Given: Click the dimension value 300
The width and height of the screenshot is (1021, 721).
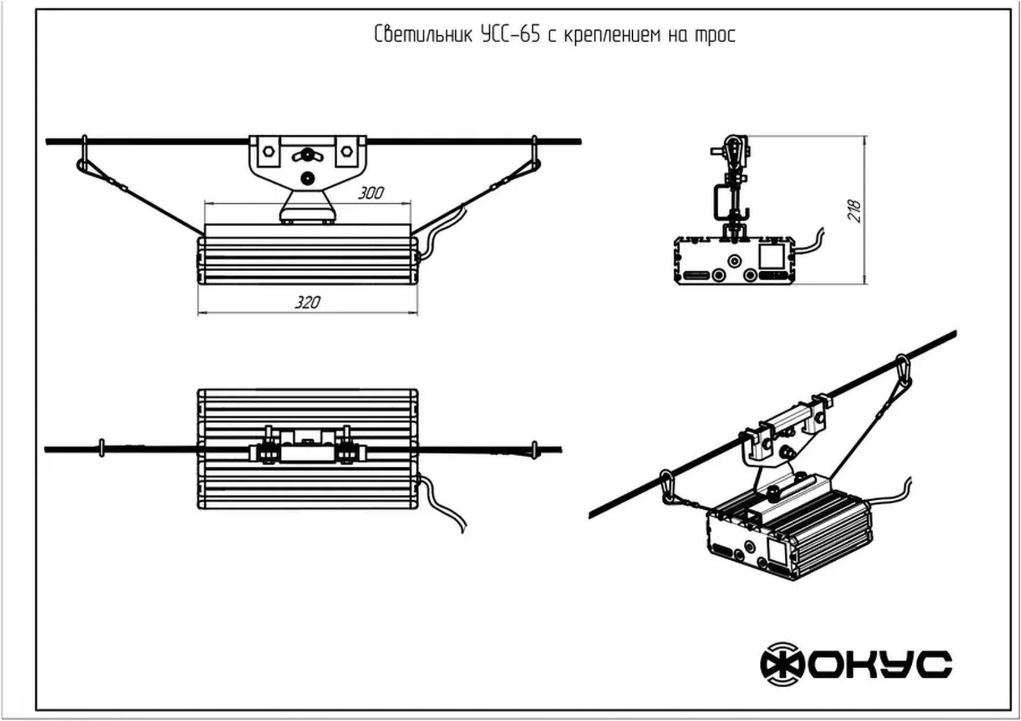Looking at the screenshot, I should click(x=370, y=193).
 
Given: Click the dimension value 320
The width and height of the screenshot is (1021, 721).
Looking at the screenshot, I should click(x=307, y=302).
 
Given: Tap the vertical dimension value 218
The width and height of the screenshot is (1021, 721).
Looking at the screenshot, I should click(x=854, y=211).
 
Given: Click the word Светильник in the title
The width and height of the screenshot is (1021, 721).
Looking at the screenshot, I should click(x=423, y=34).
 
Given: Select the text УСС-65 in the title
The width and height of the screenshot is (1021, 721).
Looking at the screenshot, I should click(x=510, y=34).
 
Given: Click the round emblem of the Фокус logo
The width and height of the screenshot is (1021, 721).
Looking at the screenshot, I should click(x=782, y=664).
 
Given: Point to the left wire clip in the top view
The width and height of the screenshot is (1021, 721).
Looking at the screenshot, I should click(x=102, y=449).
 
